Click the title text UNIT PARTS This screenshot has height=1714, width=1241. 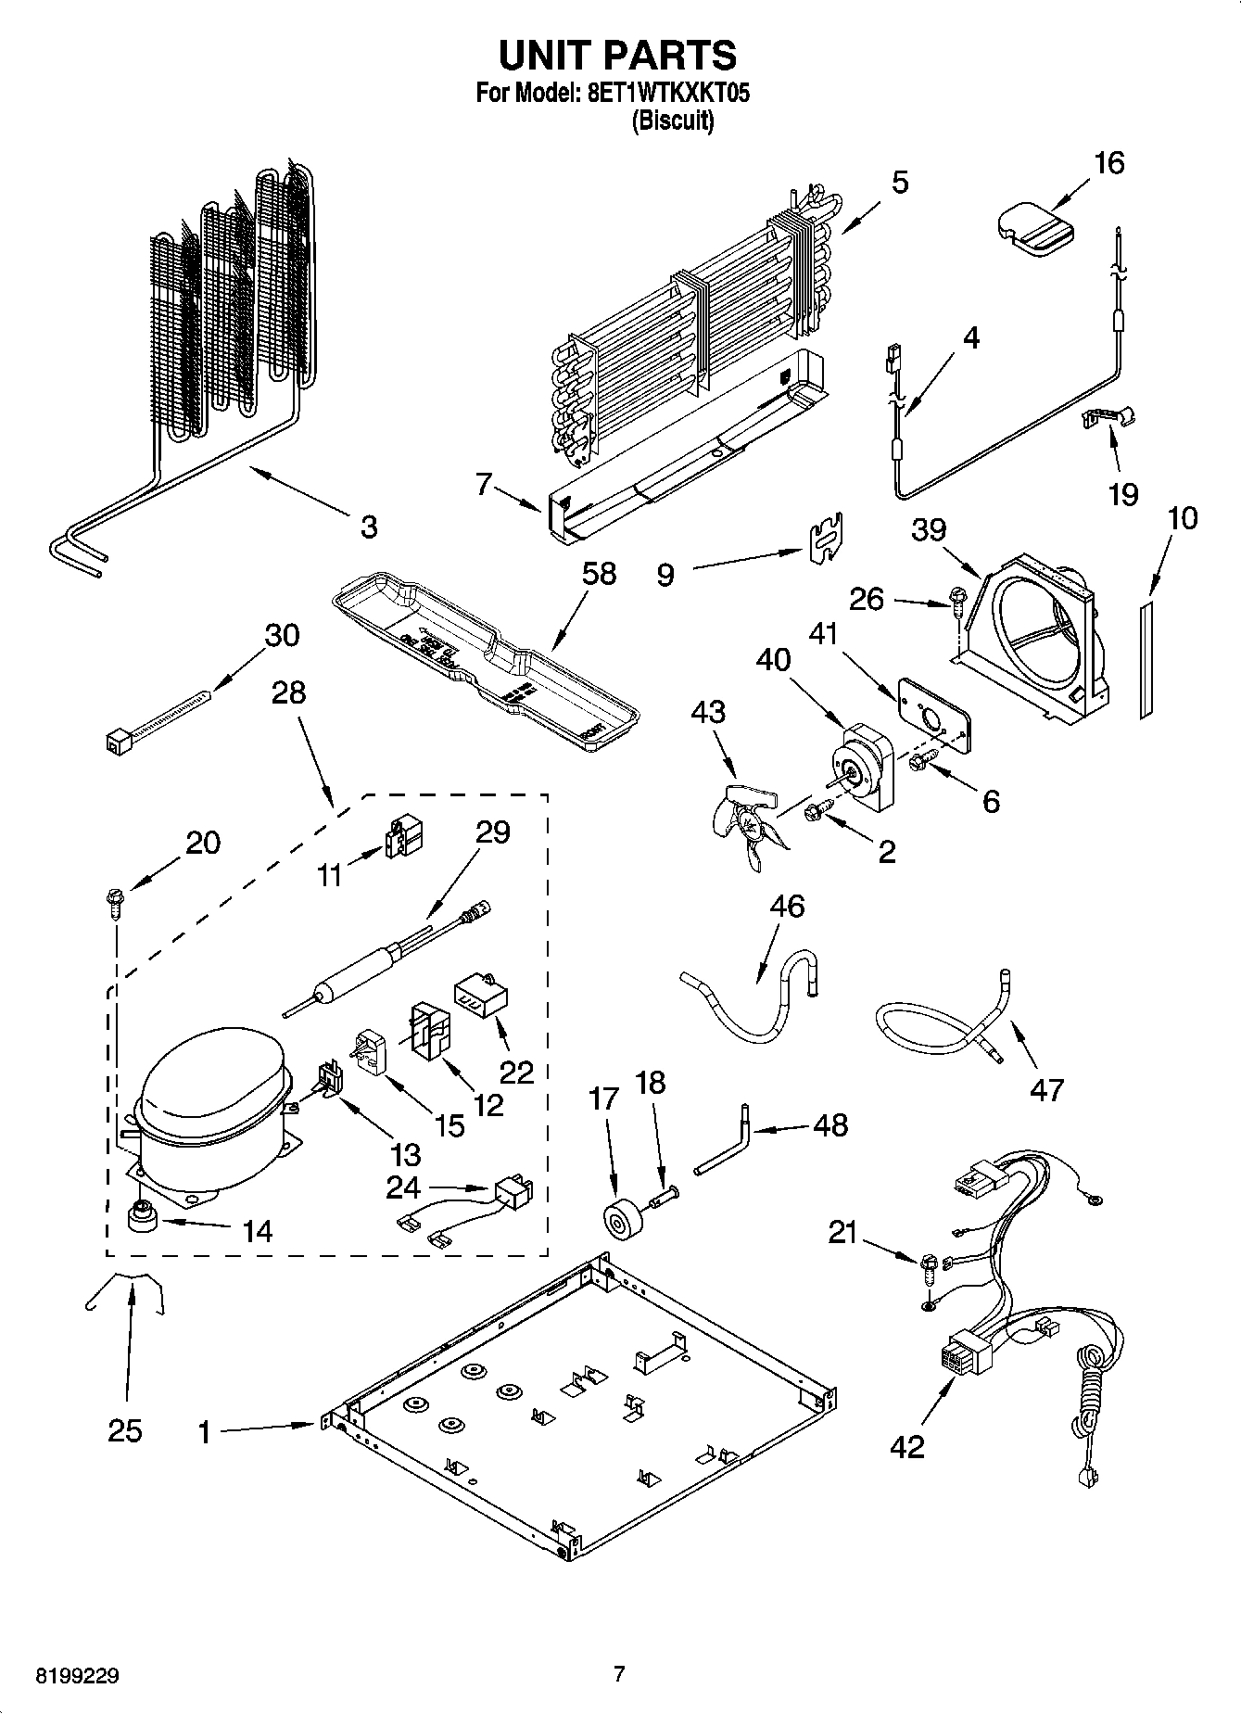tap(618, 55)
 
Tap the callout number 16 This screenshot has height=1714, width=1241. tap(1108, 163)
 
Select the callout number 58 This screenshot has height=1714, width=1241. tap(600, 574)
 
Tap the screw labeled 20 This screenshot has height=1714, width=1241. tap(115, 900)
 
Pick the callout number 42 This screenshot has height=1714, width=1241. tap(906, 1446)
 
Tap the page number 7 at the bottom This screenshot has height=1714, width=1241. tap(619, 1674)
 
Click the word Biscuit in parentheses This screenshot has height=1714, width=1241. tap(673, 121)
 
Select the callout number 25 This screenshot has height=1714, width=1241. tap(125, 1431)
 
